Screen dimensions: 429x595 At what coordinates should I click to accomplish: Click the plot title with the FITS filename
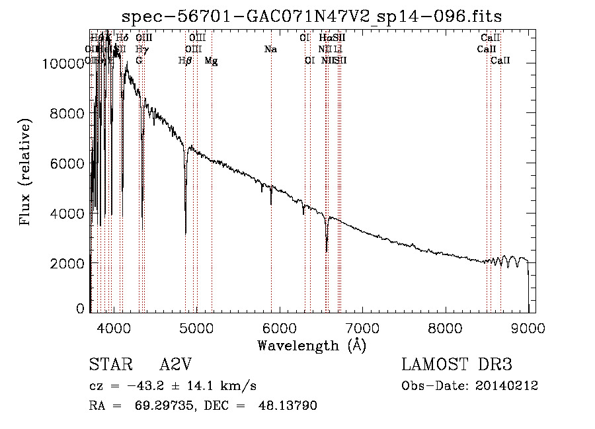coord(313,16)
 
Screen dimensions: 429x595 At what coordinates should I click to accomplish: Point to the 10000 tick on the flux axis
coord(65,63)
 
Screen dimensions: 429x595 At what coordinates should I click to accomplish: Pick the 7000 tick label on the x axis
coord(362,327)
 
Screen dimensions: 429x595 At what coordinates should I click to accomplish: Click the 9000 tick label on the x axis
coord(528,327)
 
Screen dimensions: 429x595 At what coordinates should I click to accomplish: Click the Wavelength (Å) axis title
coord(311,345)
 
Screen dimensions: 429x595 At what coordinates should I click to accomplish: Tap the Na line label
coord(270,49)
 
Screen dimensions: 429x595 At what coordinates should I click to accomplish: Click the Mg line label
coord(211,61)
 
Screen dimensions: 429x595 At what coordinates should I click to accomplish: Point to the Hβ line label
coord(185,61)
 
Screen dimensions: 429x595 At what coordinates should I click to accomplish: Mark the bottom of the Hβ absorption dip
coord(186,233)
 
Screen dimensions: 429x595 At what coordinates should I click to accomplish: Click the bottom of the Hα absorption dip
coord(327,251)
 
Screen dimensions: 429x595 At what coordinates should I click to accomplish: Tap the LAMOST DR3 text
coord(456,366)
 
